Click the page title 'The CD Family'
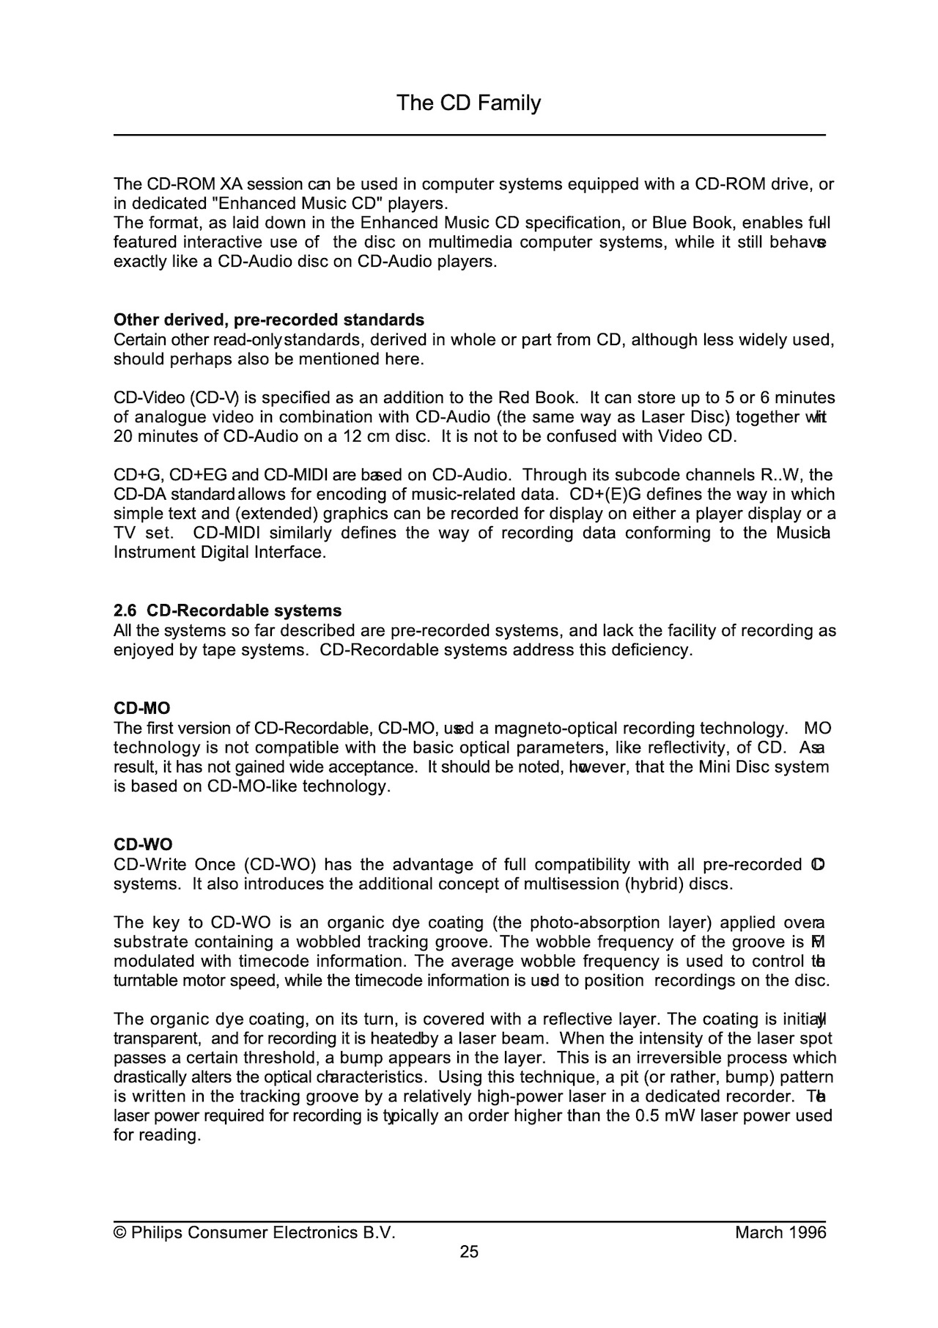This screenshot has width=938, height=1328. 468,103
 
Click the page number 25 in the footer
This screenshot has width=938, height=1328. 469,1252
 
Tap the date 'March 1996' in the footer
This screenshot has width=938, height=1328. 780,1233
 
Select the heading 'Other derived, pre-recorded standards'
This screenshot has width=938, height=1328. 269,320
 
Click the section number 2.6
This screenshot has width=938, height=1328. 125,611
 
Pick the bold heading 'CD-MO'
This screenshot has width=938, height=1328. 141,709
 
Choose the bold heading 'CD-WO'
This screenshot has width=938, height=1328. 143,845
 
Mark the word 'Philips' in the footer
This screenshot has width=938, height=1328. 157,1233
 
